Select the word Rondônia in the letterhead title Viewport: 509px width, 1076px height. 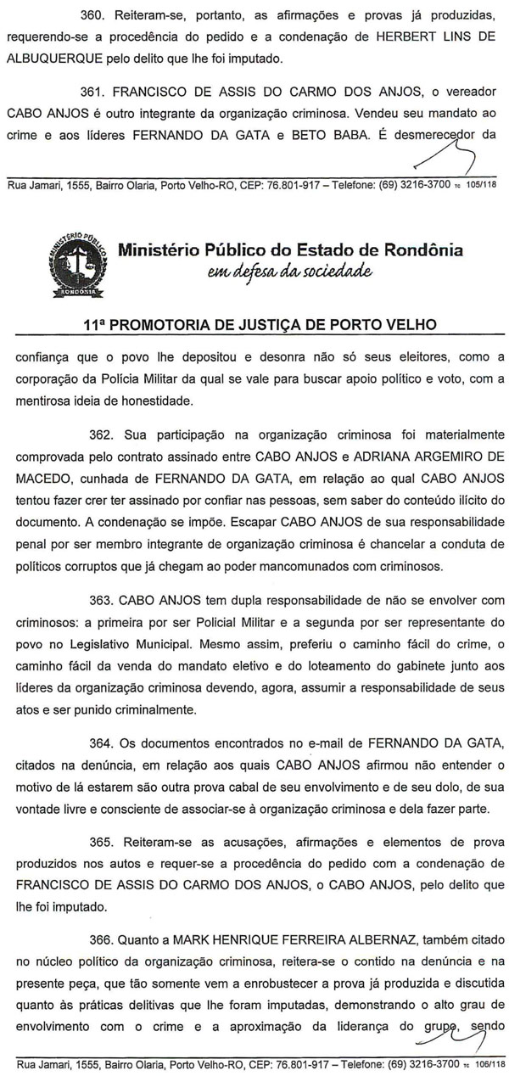(x=421, y=251)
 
